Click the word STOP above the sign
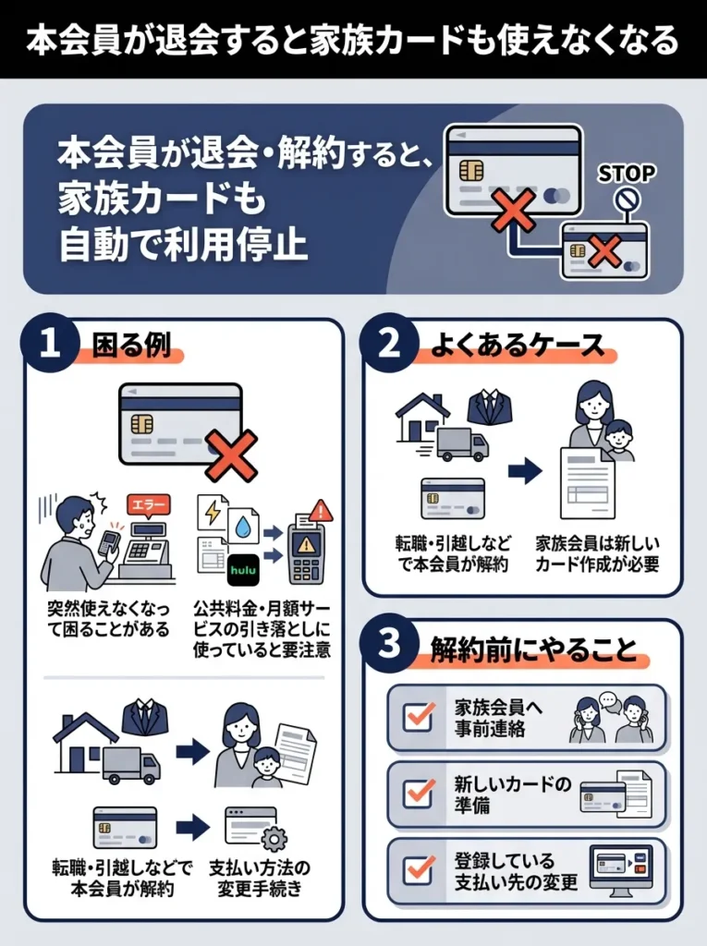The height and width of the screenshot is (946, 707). coord(627,174)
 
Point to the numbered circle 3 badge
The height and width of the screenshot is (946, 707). coord(389,645)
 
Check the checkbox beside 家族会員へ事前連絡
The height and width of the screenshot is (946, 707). coord(419,717)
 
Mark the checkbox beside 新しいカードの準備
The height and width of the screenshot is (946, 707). coord(419,794)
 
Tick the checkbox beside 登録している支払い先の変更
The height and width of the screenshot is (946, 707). coord(419,869)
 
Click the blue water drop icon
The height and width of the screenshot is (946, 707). coord(242,525)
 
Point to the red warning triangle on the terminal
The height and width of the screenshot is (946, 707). coord(321,511)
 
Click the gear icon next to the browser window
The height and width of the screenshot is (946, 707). coord(274,839)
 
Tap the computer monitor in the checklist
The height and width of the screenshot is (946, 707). coord(620,868)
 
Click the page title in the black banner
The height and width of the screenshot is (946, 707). coord(353,40)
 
